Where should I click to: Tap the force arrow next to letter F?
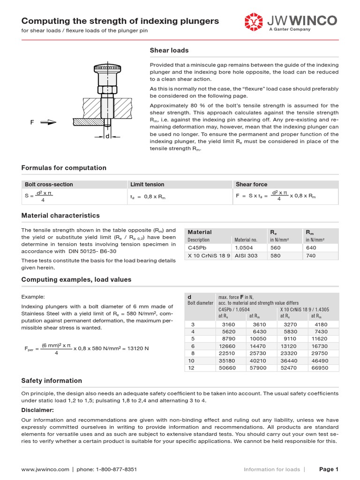click(x=48, y=123)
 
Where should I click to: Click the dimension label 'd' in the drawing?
click(x=107, y=136)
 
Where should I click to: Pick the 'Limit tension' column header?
click(x=147, y=185)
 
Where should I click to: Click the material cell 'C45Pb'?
click(x=197, y=247)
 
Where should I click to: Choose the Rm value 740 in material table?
click(x=311, y=256)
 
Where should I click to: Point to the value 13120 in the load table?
click(x=289, y=346)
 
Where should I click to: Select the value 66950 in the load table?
click(x=319, y=368)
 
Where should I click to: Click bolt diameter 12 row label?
click(x=191, y=368)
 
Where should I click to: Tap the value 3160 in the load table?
click(x=228, y=324)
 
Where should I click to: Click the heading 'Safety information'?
click(x=52, y=381)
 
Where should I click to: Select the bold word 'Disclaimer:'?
click(x=37, y=410)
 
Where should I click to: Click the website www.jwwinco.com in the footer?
click(x=45, y=469)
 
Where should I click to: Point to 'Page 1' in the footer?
click(x=329, y=469)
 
